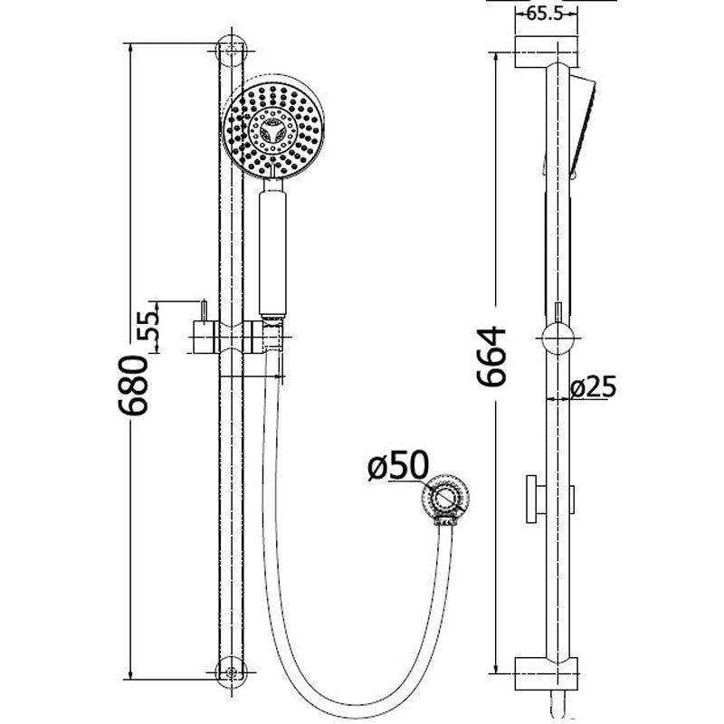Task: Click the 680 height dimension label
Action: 133,385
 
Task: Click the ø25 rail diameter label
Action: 594,387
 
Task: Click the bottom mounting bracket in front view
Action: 232,672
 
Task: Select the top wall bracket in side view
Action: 546,51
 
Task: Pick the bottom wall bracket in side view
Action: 546,673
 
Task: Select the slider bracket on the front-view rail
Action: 233,340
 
